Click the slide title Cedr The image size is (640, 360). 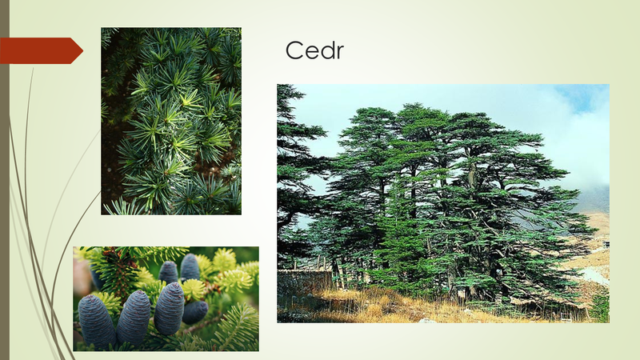[314, 50]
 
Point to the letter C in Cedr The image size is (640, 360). [294, 50]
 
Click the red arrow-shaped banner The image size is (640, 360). [41, 50]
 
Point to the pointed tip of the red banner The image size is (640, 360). [83, 50]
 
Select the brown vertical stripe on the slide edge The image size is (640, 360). [5, 180]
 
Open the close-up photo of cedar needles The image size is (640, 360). [171, 122]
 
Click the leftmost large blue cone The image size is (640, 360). [97, 322]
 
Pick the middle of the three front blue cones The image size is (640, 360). [134, 318]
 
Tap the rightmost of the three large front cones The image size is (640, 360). [169, 309]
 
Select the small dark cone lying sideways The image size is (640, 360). [194, 312]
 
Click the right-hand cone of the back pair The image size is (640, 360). [190, 267]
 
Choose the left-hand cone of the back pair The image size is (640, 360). [168, 273]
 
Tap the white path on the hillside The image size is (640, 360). [594, 274]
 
